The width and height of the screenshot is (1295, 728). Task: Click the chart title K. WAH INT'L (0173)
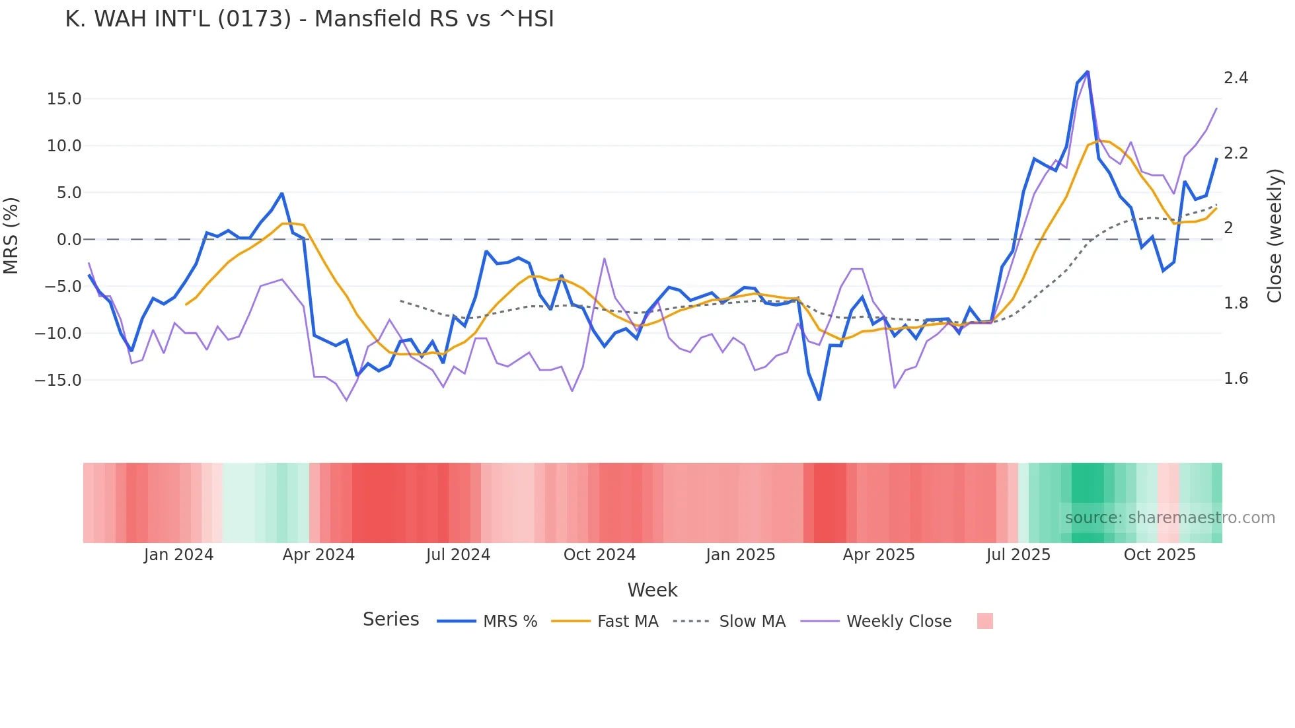pos(309,18)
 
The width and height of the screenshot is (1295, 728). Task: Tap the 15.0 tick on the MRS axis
pos(63,99)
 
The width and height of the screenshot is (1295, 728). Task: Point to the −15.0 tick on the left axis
pos(58,381)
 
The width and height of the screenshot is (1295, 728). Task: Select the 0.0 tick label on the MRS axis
pos(69,240)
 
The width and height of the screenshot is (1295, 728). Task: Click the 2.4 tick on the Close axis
pos(1236,78)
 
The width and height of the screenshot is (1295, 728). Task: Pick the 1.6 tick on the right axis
pos(1236,379)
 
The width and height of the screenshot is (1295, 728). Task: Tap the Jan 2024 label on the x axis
pos(178,555)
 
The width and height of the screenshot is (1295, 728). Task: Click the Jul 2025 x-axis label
pos(1018,555)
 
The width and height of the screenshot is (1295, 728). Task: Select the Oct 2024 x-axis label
pos(599,555)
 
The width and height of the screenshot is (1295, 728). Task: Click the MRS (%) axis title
pos(11,235)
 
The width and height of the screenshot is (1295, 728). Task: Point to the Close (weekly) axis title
pos(1275,236)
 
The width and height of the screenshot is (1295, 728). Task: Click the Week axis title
pos(652,590)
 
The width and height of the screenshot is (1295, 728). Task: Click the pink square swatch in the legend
pos(984,621)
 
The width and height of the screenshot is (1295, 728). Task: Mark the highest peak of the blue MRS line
pos(1088,71)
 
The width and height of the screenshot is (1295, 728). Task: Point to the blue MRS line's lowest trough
pos(819,400)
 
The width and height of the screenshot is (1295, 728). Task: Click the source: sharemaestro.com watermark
pos(1169,518)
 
